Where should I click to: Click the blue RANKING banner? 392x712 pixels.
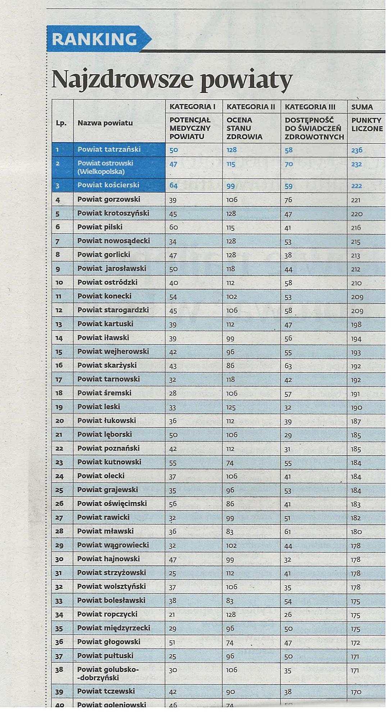tap(95, 39)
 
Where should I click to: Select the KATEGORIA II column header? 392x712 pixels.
tap(251, 107)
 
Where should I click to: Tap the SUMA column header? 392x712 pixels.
tap(362, 107)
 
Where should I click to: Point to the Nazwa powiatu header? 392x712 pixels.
tap(105, 123)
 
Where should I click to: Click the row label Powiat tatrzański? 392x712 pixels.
tap(109, 149)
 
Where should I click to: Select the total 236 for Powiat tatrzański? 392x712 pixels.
tap(356, 150)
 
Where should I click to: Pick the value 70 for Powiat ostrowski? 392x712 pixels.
tap(288, 164)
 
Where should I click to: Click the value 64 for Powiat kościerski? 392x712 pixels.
tap(173, 186)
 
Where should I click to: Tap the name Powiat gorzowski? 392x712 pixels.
tap(109, 199)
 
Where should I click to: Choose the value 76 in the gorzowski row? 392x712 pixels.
tap(288, 200)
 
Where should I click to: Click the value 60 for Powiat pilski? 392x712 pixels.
tap(173, 227)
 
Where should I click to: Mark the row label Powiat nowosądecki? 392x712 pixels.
tap(113, 241)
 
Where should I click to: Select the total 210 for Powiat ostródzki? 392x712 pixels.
tap(356, 283)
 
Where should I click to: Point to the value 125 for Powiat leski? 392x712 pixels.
tap(231, 407)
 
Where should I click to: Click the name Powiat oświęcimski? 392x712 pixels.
tap(112, 503)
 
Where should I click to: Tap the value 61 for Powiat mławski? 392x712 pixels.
tap(288, 532)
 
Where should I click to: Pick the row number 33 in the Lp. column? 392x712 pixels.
tap(59, 601)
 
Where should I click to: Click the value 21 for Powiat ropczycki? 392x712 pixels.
tap(172, 615)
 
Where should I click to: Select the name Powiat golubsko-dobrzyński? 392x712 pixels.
tap(108, 673)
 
